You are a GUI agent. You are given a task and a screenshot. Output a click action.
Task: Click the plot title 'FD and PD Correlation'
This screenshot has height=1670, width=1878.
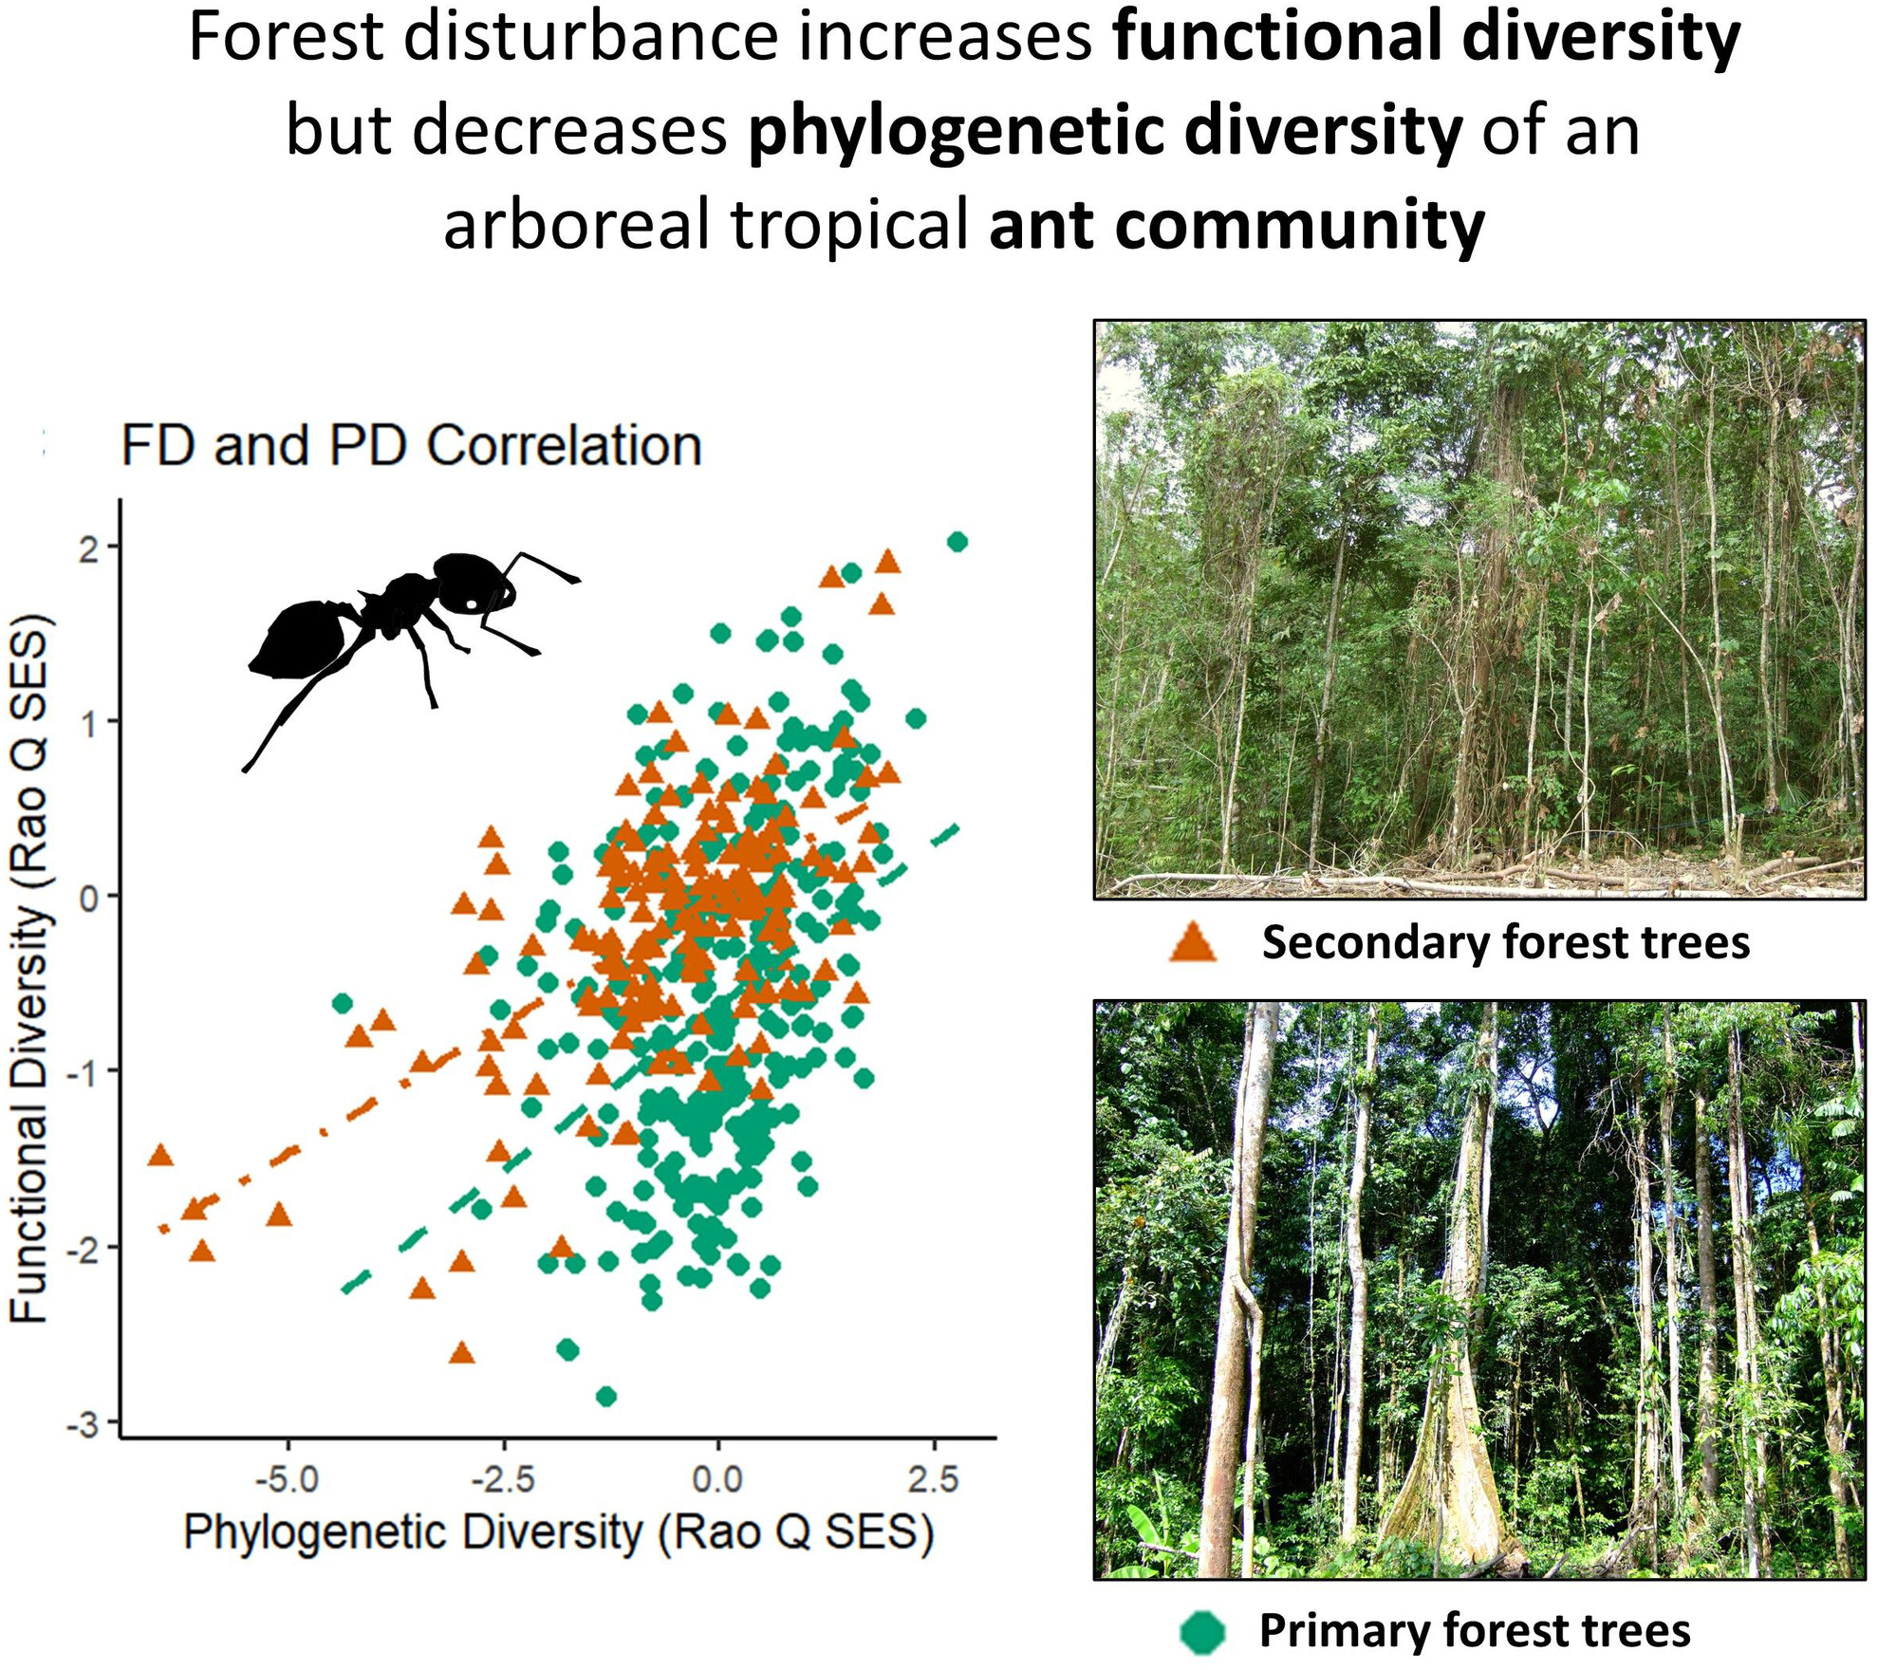pyautogui.click(x=411, y=445)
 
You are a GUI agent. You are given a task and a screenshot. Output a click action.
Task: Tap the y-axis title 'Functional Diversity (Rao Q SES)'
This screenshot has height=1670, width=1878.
pyautogui.click(x=30, y=969)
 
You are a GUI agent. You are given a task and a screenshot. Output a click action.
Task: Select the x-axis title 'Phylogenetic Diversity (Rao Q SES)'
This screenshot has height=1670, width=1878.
pyautogui.click(x=559, y=1532)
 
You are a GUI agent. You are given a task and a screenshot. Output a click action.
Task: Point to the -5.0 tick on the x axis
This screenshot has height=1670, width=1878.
pyautogui.click(x=288, y=1478)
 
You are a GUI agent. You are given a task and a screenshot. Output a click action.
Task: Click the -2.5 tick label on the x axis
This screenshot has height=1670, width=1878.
pyautogui.click(x=503, y=1478)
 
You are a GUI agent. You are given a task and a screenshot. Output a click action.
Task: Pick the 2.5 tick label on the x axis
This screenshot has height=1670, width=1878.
pyautogui.click(x=933, y=1478)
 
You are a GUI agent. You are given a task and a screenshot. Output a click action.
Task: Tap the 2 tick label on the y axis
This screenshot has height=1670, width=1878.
pyautogui.click(x=88, y=548)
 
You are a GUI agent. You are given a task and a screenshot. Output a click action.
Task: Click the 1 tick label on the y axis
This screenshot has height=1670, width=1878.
pyautogui.click(x=88, y=723)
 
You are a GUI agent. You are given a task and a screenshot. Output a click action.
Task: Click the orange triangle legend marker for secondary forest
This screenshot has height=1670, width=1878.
pyautogui.click(x=1193, y=943)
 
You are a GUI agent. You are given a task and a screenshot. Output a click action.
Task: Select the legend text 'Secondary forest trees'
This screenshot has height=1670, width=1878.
pyautogui.click(x=1505, y=943)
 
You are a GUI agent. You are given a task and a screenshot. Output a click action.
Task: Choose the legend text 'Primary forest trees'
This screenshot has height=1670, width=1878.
pyautogui.click(x=1474, y=1631)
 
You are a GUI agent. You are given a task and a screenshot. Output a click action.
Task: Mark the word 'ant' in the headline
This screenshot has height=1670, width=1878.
pyautogui.click(x=1042, y=226)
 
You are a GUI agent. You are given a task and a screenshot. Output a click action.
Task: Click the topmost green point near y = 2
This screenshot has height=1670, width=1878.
pyautogui.click(x=958, y=542)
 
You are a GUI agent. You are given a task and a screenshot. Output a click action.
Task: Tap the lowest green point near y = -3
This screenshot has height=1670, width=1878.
pyautogui.click(x=606, y=1396)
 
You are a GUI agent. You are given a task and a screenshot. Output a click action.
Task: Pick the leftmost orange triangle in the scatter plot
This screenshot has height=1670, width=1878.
pyautogui.click(x=160, y=1155)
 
